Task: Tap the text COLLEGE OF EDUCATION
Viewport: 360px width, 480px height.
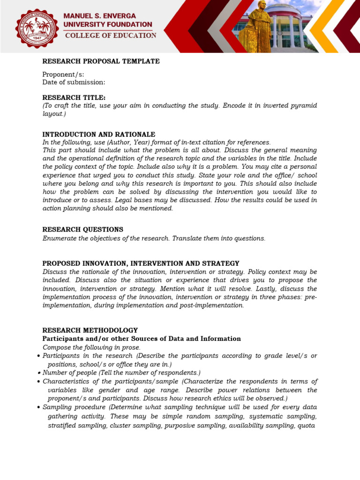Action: [x=111, y=36]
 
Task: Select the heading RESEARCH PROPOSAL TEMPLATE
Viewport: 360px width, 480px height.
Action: [x=101, y=61]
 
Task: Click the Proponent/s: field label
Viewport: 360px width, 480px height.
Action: [x=63, y=75]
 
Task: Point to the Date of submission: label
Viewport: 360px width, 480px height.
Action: [x=74, y=82]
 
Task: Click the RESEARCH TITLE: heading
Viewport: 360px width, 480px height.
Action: [x=74, y=97]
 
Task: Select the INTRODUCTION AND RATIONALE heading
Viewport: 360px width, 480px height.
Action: [x=98, y=135]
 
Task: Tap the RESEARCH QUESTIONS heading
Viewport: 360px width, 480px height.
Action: [x=82, y=230]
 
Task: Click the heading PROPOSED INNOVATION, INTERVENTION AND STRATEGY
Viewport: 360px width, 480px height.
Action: [x=141, y=263]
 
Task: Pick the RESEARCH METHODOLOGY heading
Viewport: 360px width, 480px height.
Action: [x=90, y=330]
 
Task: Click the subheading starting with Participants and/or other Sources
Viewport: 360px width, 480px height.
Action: [x=142, y=339]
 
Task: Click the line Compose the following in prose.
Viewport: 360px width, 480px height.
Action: [x=91, y=347]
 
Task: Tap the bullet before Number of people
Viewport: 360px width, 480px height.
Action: [x=38, y=373]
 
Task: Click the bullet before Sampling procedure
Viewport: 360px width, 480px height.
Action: [x=38, y=407]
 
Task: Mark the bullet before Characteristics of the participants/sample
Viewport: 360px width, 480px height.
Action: [x=38, y=382]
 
